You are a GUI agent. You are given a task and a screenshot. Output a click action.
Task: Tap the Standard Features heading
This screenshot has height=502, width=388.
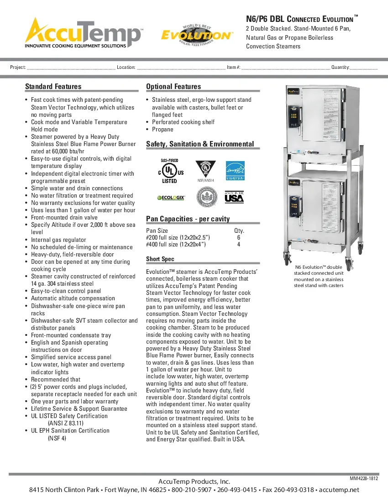click(x=53, y=87)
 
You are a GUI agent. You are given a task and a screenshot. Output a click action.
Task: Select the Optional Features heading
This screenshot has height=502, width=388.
click(x=173, y=87)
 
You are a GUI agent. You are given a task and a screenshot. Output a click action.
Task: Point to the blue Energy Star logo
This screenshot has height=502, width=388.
click(x=236, y=171)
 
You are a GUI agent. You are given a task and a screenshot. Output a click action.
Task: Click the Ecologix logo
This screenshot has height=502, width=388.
click(x=171, y=198)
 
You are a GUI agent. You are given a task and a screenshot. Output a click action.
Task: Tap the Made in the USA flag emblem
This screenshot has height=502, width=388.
click(x=234, y=198)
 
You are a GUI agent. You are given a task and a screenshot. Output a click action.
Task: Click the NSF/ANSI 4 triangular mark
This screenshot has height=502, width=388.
click(x=202, y=170)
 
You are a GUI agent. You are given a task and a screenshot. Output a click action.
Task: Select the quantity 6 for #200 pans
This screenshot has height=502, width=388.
click(x=239, y=238)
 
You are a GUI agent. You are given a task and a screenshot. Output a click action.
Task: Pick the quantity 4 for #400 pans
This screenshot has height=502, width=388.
click(x=239, y=245)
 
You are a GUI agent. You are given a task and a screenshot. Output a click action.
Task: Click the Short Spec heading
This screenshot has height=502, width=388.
click(x=160, y=259)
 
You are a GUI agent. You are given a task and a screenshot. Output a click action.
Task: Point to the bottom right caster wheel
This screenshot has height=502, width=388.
click(x=360, y=249)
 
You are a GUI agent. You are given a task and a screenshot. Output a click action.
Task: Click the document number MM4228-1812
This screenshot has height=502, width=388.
click(x=364, y=478)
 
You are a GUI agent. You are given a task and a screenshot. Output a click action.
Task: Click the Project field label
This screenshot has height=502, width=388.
click(x=18, y=68)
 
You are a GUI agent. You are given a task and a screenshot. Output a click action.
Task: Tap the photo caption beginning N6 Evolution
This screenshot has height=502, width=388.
click(x=319, y=277)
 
